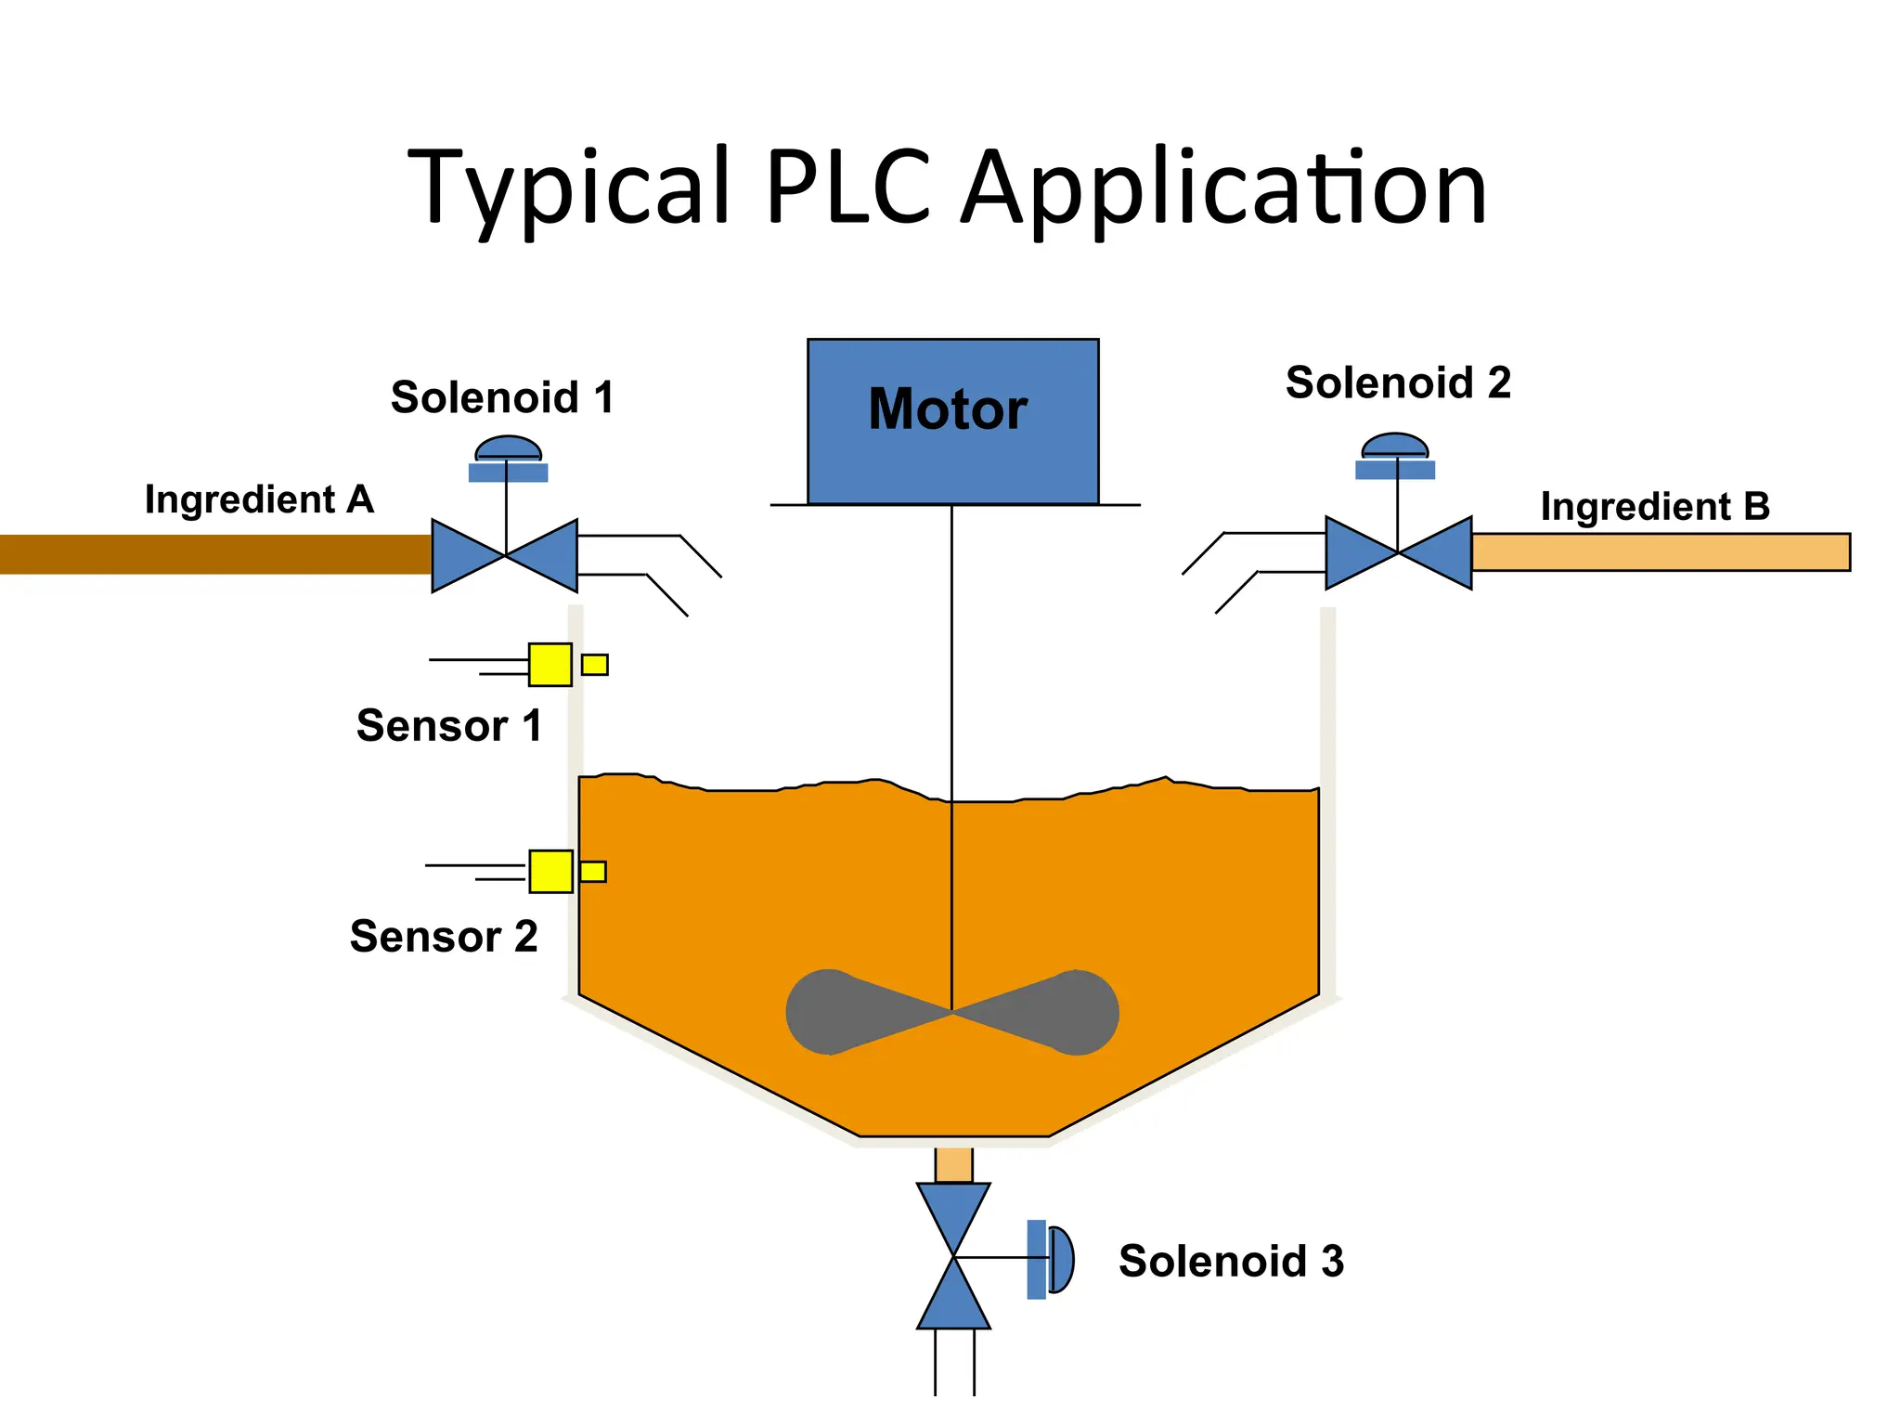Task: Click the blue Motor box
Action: pyautogui.click(x=952, y=421)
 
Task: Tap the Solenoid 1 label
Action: pyautogui.click(x=502, y=397)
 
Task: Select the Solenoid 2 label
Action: pyautogui.click(x=1398, y=382)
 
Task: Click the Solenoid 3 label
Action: pyautogui.click(x=1231, y=1261)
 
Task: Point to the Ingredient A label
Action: pyautogui.click(x=259, y=499)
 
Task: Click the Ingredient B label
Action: pyautogui.click(x=1655, y=507)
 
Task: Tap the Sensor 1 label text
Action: pyautogui.click(x=449, y=725)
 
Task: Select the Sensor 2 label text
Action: pyautogui.click(x=444, y=936)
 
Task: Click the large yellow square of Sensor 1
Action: pyautogui.click(x=550, y=665)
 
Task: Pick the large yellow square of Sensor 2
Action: pyautogui.click(x=550, y=871)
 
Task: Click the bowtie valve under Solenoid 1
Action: pyautogui.click(x=505, y=555)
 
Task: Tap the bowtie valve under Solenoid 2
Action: pyautogui.click(x=1398, y=552)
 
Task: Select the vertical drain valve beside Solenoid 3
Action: pyautogui.click(x=953, y=1256)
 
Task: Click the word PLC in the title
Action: pyautogui.click(x=848, y=188)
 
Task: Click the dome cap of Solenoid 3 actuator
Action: pyautogui.click(x=1062, y=1259)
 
